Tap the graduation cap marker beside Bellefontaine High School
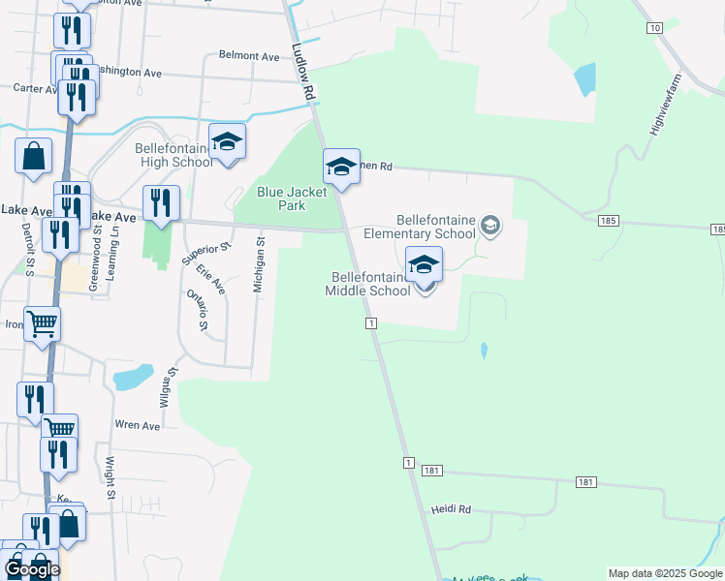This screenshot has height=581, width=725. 228,142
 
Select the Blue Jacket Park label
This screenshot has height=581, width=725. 295,199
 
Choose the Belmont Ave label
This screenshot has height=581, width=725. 249,56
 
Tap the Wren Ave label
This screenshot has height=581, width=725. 137,425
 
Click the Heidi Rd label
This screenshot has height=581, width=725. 451,508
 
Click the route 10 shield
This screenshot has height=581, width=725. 655,28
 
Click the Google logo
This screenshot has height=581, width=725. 32,569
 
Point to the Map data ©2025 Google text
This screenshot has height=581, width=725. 665,573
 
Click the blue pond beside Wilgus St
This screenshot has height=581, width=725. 133,376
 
